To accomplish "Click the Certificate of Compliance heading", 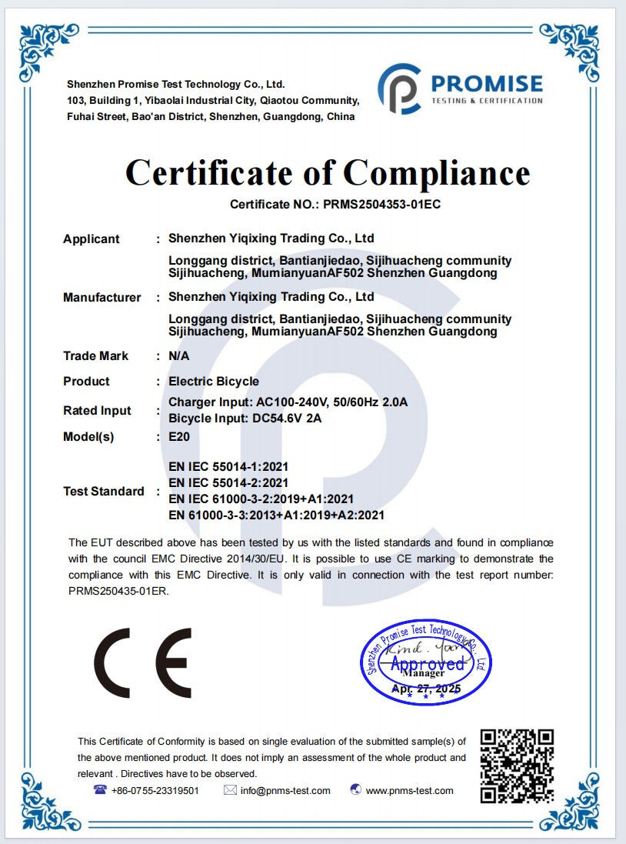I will [x=328, y=173].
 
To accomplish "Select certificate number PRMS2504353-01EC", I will [x=381, y=205].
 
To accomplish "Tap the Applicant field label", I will [x=91, y=239].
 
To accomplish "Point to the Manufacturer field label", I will [x=102, y=298].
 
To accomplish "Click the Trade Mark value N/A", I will [x=178, y=356].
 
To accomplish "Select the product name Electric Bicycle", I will [x=214, y=382].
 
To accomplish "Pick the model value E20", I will [x=178, y=437].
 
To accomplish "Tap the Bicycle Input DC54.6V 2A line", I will [x=245, y=418].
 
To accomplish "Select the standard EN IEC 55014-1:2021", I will [x=228, y=466].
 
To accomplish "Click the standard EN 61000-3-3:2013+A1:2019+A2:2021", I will [x=276, y=515].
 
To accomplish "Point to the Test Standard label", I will [x=103, y=492].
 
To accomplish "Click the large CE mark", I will [x=143, y=662].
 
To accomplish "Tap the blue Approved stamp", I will [x=427, y=662].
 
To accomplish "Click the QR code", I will [x=517, y=766].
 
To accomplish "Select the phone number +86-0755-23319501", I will [x=155, y=791].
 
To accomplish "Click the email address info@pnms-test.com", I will [x=285, y=791].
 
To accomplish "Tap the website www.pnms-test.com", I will [x=409, y=791].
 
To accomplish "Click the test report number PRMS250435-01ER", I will [x=118, y=592].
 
